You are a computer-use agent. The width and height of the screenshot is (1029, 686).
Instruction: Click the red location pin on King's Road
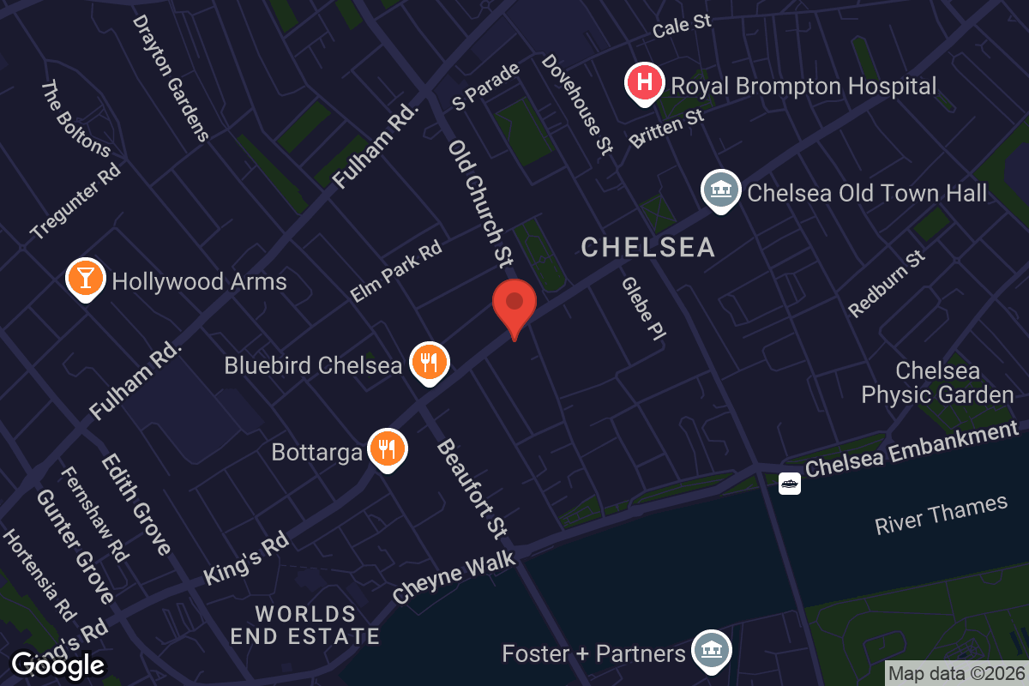(x=514, y=305)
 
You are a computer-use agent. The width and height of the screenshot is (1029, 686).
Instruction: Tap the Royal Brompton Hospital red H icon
(x=645, y=83)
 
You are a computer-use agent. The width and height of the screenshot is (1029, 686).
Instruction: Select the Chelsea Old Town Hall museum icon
(x=720, y=190)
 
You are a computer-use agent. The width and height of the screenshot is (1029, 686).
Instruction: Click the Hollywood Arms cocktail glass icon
(x=86, y=279)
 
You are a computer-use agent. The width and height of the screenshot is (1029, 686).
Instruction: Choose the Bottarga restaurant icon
(x=388, y=448)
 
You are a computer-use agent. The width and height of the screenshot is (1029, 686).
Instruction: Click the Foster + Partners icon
(x=711, y=651)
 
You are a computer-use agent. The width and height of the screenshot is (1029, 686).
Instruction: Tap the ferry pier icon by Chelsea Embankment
(x=789, y=484)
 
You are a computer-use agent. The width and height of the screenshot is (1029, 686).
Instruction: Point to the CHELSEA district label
(x=647, y=248)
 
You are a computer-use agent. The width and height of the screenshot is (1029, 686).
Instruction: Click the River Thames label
(x=941, y=515)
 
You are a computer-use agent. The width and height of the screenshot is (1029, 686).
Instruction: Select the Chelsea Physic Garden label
(x=937, y=382)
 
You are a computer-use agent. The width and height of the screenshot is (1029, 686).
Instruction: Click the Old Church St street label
(x=480, y=202)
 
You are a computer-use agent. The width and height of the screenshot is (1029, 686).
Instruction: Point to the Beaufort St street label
(x=472, y=489)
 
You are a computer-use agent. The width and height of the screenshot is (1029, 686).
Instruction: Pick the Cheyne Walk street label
(x=454, y=576)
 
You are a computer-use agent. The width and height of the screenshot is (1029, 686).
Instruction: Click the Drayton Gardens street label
(x=171, y=77)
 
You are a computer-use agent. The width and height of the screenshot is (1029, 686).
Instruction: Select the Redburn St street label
(x=887, y=283)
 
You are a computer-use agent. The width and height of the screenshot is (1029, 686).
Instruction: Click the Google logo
(x=58, y=665)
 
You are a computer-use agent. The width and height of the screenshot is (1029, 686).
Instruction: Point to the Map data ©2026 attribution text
(x=956, y=673)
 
